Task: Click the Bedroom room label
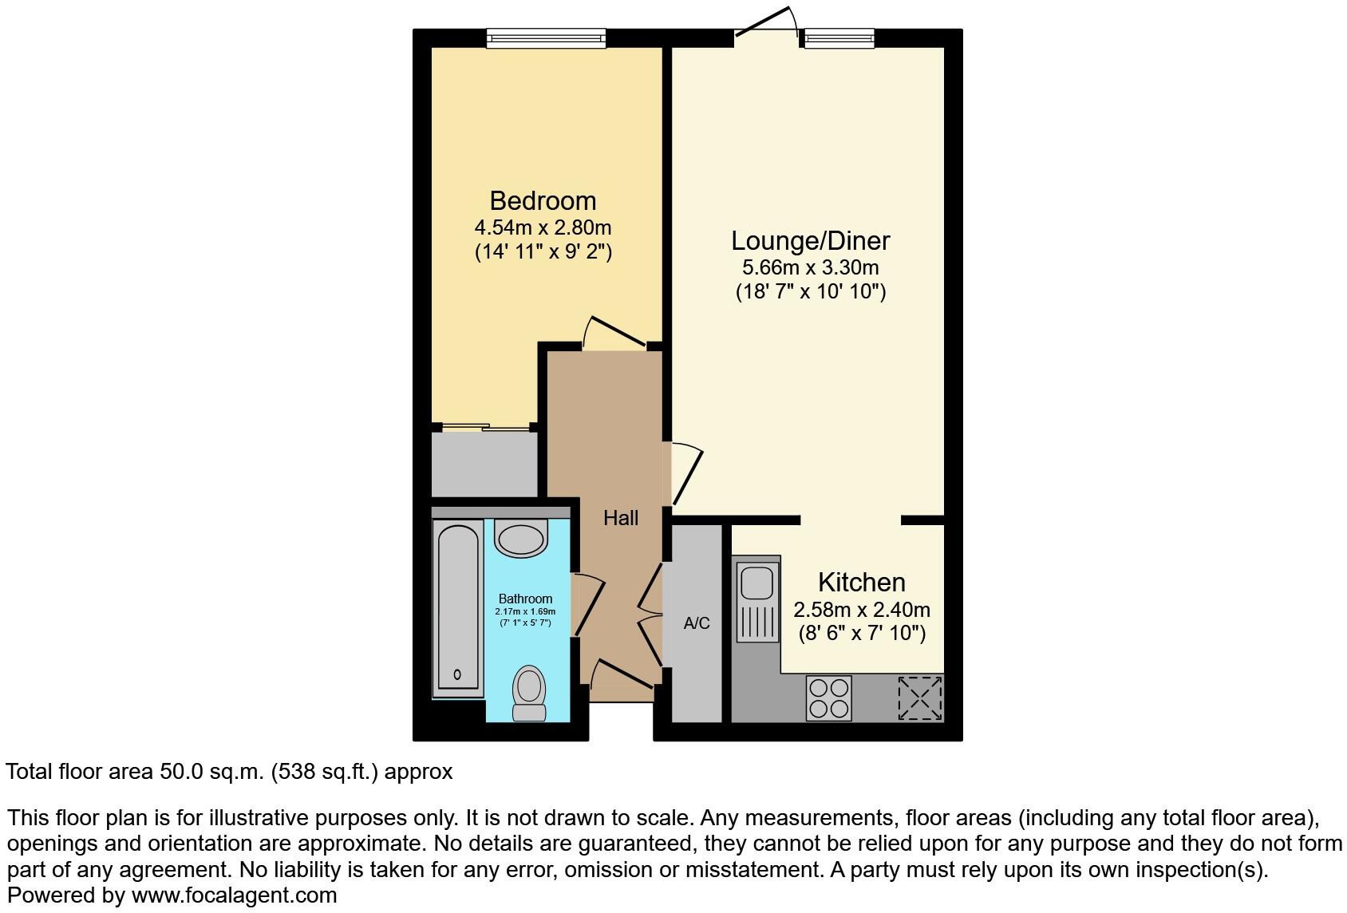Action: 543,200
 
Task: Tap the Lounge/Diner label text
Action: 810,240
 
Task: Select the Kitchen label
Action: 861,582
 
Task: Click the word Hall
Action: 620,519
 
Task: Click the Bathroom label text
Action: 525,599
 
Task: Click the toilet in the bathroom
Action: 528,693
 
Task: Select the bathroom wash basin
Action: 521,536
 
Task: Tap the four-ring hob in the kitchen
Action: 828,698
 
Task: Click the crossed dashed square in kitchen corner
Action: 920,698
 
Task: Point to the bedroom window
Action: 546,38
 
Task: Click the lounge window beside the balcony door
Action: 839,38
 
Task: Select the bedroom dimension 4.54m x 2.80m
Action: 543,228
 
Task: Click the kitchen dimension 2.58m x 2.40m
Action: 861,611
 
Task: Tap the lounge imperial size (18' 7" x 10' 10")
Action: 810,291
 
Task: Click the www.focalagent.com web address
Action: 234,895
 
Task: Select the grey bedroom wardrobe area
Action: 484,464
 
